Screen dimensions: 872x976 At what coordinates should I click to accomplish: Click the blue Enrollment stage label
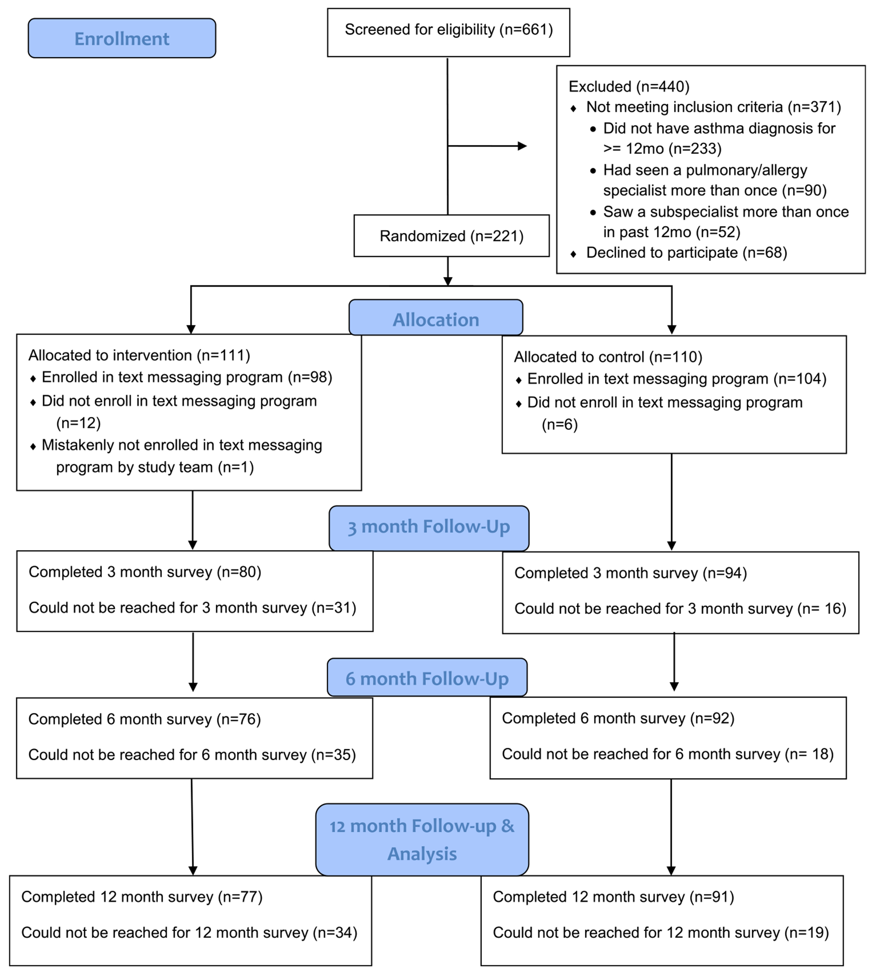pyautogui.click(x=122, y=38)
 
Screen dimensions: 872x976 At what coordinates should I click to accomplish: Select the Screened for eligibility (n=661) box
pyautogui.click(x=449, y=32)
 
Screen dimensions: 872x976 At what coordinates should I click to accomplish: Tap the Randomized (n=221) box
pyautogui.click(x=451, y=236)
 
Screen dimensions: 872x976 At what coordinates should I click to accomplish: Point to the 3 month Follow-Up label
pyautogui.click(x=429, y=528)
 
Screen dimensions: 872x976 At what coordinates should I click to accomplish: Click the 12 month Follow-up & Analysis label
pyautogui.click(x=422, y=839)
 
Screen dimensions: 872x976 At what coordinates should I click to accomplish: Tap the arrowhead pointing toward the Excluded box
pyautogui.click(x=522, y=146)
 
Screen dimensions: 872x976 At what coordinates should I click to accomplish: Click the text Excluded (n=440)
pyautogui.click(x=629, y=87)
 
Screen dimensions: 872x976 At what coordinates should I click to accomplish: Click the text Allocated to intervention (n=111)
pyautogui.click(x=139, y=355)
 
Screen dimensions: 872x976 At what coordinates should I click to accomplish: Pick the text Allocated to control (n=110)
pyautogui.click(x=608, y=357)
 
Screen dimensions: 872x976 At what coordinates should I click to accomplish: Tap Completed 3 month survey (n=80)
pyautogui.click(x=145, y=572)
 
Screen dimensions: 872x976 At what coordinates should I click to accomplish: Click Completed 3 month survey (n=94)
pyautogui.click(x=630, y=573)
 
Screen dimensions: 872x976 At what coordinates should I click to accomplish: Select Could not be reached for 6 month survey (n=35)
pyautogui.click(x=192, y=755)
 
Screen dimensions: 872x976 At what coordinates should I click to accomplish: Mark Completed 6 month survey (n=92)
pyautogui.click(x=618, y=718)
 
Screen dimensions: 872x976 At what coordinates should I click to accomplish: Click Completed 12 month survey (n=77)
pyautogui.click(x=142, y=897)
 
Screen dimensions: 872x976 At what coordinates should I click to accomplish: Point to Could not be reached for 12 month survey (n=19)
pyautogui.click(x=661, y=932)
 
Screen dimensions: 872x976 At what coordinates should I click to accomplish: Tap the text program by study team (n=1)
pyautogui.click(x=155, y=467)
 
